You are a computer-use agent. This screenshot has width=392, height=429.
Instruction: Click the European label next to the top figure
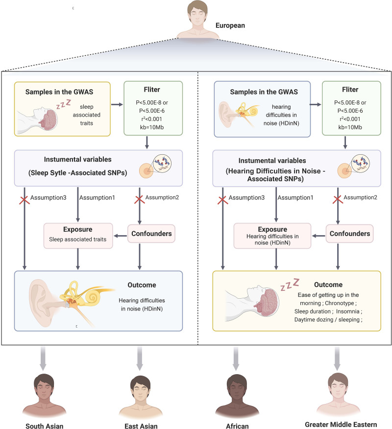[x=230, y=25]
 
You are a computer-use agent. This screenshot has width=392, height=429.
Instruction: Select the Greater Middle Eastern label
[x=341, y=425]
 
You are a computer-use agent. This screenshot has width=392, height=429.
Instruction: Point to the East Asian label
[x=141, y=426]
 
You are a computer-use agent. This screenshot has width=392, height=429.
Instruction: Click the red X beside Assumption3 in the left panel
[x=24, y=200]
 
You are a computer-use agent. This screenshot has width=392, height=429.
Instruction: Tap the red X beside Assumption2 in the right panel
[x=338, y=200]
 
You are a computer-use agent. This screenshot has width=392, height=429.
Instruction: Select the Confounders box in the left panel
[x=151, y=234]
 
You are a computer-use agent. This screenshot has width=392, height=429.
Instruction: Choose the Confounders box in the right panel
[x=349, y=234]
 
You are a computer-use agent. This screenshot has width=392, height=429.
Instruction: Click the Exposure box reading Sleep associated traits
[x=78, y=236]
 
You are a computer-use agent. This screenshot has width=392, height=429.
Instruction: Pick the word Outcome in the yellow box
[x=328, y=285]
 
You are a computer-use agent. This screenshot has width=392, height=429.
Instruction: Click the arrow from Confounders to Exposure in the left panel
[x=121, y=236]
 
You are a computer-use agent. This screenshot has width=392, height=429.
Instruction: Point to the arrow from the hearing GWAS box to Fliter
[x=316, y=104]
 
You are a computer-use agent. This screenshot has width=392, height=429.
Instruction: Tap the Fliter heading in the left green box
[x=151, y=90]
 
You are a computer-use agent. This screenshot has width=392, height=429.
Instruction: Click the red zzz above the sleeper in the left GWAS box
[x=64, y=104]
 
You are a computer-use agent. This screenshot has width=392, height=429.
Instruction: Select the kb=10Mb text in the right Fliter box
[x=350, y=127]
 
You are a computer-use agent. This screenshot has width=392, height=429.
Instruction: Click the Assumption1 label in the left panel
[x=97, y=197]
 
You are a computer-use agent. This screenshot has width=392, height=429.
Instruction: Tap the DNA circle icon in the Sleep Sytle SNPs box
[x=162, y=164]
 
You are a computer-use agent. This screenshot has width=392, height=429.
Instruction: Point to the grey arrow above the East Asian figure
[x=140, y=358]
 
